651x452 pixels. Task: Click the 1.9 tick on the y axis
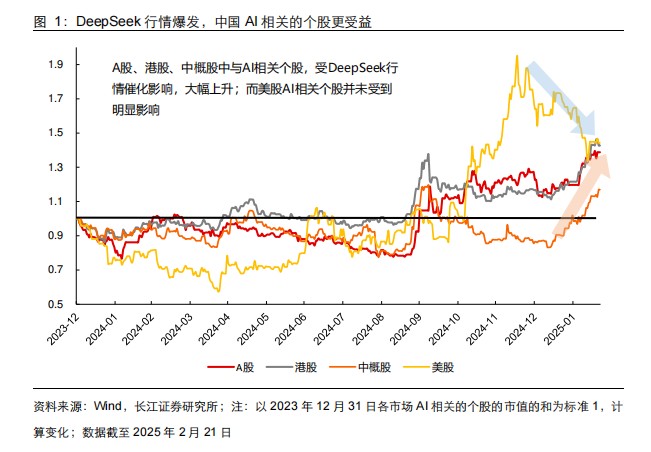point(58,65)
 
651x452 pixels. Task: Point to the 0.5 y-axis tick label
point(58,303)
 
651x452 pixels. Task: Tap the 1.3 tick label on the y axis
point(58,167)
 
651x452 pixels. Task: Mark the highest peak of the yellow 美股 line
point(516,57)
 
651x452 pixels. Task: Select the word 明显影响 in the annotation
point(136,111)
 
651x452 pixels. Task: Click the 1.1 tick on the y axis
point(58,201)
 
